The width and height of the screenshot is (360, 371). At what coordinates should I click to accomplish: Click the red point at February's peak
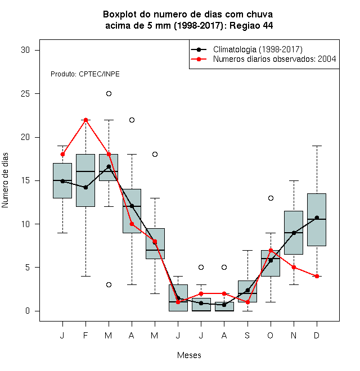[85, 120]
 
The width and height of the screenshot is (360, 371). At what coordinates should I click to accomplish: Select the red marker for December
[317, 276]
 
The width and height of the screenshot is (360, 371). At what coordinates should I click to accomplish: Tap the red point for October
[271, 250]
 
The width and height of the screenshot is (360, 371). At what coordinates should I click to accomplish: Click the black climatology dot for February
[85, 187]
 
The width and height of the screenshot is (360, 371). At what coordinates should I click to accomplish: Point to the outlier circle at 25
[109, 94]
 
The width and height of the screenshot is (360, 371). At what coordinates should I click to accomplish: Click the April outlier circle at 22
[132, 120]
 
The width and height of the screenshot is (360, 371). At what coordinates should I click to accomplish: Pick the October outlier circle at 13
[271, 198]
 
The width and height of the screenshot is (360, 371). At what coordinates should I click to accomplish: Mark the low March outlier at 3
[109, 284]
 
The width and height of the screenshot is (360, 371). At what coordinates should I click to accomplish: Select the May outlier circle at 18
[155, 154]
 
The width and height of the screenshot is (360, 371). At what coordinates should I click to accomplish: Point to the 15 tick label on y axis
[25, 180]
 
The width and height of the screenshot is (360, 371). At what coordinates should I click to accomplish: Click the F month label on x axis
[85, 335]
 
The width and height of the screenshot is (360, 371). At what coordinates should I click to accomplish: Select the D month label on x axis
[317, 335]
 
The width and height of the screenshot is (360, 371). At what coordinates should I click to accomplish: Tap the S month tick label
[247, 335]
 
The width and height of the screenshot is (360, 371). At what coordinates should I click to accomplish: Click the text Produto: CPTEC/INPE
[85, 74]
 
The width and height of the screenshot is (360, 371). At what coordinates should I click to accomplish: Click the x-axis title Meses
[189, 355]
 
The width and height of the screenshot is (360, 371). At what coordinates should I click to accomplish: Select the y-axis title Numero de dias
[5, 180]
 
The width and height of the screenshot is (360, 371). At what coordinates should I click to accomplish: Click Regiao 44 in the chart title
[251, 25]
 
